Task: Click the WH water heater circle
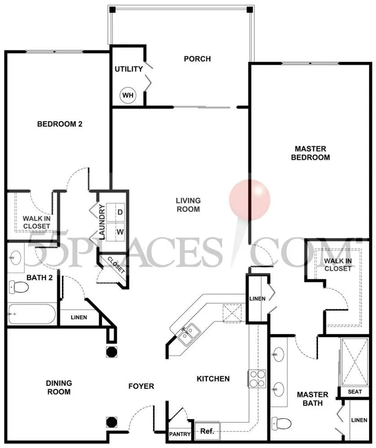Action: click(128, 95)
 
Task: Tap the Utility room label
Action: click(129, 69)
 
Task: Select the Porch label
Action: click(197, 59)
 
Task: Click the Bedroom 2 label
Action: click(60, 124)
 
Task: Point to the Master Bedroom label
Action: click(310, 153)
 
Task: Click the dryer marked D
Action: click(116, 212)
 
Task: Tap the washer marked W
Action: click(116, 232)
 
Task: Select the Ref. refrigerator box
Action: click(207, 431)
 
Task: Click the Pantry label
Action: click(180, 434)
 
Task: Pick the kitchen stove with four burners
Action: click(257, 379)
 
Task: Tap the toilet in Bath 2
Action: click(18, 287)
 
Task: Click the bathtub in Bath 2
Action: click(31, 314)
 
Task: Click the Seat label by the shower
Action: click(355, 392)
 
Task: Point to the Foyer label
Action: click(141, 386)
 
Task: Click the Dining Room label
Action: click(59, 387)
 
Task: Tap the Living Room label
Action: click(188, 205)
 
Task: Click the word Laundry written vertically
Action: click(102, 222)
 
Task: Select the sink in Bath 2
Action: click(16, 257)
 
